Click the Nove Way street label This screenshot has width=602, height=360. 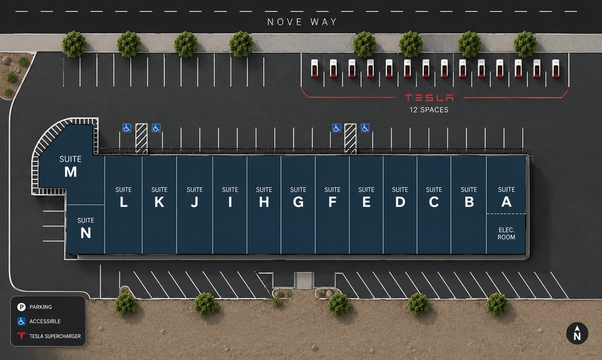302,22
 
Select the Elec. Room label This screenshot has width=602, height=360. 506,233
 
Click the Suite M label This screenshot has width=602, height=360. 70,167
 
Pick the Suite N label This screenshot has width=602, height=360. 86,228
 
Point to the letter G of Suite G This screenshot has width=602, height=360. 298,202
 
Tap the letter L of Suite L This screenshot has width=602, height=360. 123,202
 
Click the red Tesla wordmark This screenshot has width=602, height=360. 429,98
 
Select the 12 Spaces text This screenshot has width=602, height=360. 429,110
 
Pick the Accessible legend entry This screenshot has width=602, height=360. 39,321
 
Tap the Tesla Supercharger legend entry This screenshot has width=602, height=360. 49,336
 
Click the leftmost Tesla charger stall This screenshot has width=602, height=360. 314,69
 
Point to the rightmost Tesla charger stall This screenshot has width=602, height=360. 555,69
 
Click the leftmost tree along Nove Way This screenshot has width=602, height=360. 74,44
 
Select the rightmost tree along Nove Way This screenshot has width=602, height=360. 525,44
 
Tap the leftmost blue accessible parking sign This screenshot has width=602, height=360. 127,128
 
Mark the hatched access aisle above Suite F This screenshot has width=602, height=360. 350,138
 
